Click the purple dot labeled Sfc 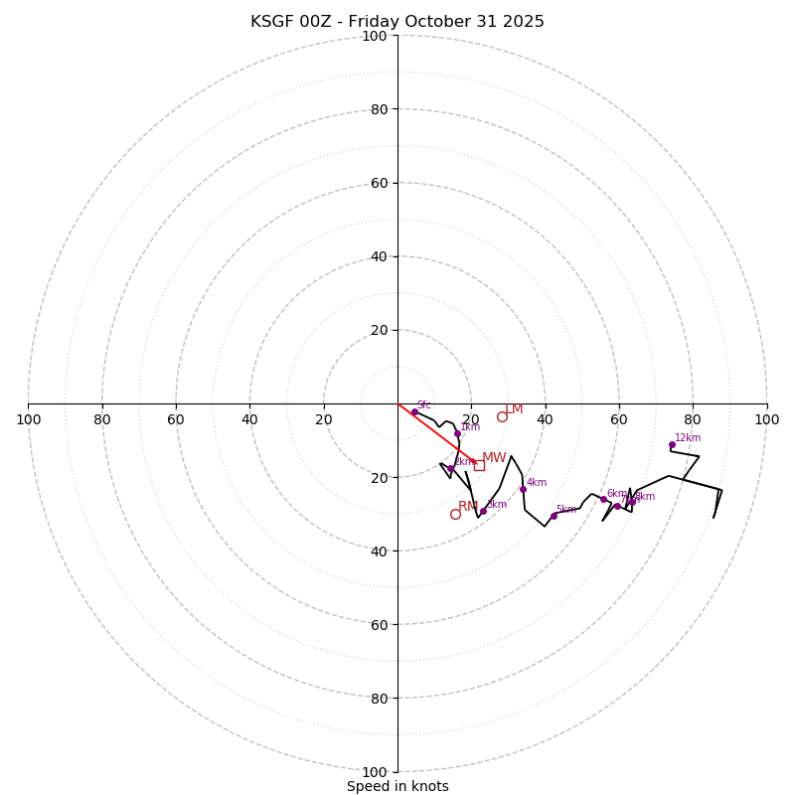point(414,411)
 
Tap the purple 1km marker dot point(457,433)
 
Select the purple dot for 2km point(450,468)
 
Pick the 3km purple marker point(483,511)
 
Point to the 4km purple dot point(523,489)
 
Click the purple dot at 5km point(554,516)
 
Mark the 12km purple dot point(672,444)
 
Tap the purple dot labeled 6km point(603,500)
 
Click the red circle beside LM point(502,416)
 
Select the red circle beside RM point(455,514)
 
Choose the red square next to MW point(479,465)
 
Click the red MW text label point(494,458)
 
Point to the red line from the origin point(435,432)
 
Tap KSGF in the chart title point(270,22)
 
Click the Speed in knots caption point(397,786)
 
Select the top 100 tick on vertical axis point(375,36)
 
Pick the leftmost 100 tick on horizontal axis point(28,419)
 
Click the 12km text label point(688,437)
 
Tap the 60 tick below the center point(375,624)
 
